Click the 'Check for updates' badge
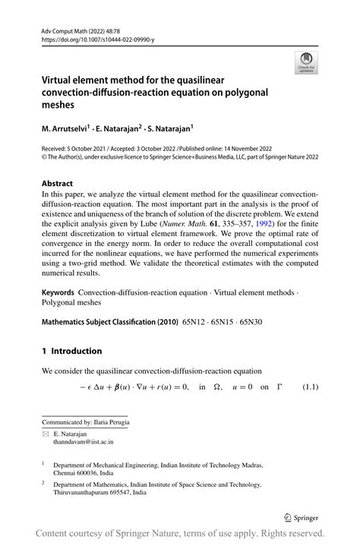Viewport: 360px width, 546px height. tap(306, 61)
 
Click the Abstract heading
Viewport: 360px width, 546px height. tap(58, 184)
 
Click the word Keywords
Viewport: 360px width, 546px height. tap(58, 292)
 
